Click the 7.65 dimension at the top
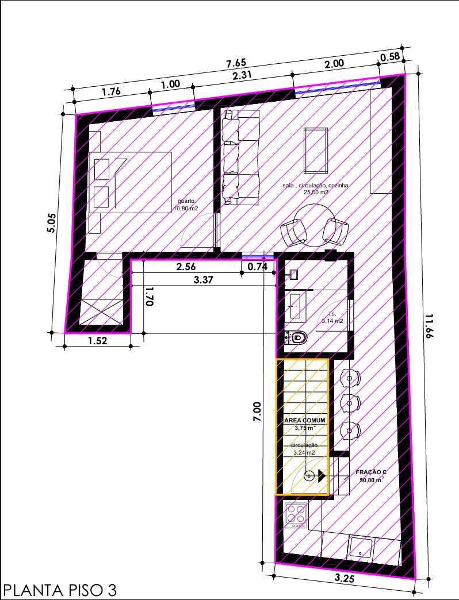click(236, 62)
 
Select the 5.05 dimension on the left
click(51, 223)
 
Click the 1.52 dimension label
click(98, 340)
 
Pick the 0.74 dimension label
click(258, 266)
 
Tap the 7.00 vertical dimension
click(257, 411)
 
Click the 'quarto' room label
click(186, 201)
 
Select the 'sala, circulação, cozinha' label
click(315, 185)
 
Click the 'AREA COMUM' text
click(305, 420)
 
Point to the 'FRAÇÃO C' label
click(371, 472)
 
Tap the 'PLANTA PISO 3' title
click(60, 590)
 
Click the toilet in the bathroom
click(296, 337)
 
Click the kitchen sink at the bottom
click(361, 548)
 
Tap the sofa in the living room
click(240, 157)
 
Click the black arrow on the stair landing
click(322, 476)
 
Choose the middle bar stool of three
click(350, 402)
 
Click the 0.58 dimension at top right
click(390, 57)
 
